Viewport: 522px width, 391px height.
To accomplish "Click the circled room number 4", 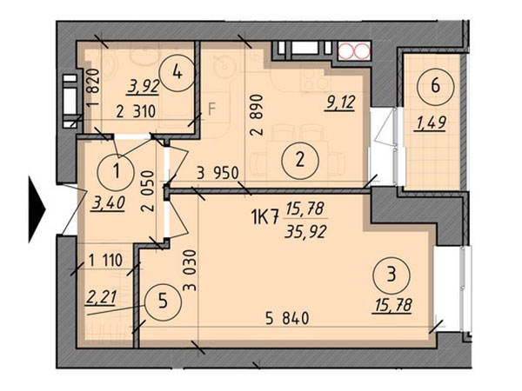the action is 177,73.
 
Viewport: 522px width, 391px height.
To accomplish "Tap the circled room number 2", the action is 300,161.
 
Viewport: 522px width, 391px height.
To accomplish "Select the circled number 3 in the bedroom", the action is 392,275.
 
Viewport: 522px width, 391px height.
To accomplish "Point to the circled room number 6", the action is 436,87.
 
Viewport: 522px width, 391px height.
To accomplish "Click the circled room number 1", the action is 116,172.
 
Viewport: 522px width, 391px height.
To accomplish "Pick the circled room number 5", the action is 163,302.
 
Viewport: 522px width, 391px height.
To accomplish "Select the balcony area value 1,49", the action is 430,123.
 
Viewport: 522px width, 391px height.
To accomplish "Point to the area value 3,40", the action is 109,202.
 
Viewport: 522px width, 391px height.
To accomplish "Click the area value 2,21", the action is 101,297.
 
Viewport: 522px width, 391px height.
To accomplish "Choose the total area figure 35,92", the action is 305,231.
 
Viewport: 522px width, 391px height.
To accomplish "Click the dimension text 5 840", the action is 287,318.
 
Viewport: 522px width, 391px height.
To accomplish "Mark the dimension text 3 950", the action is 218,173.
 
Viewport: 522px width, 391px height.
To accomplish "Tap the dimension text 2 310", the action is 137,111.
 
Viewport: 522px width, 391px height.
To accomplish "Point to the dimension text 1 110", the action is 106,260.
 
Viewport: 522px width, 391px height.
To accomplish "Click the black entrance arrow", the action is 37,209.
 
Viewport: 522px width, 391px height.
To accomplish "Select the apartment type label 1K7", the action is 264,219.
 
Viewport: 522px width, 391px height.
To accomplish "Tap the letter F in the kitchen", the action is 212,109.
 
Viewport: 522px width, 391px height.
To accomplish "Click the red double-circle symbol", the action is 354,51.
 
